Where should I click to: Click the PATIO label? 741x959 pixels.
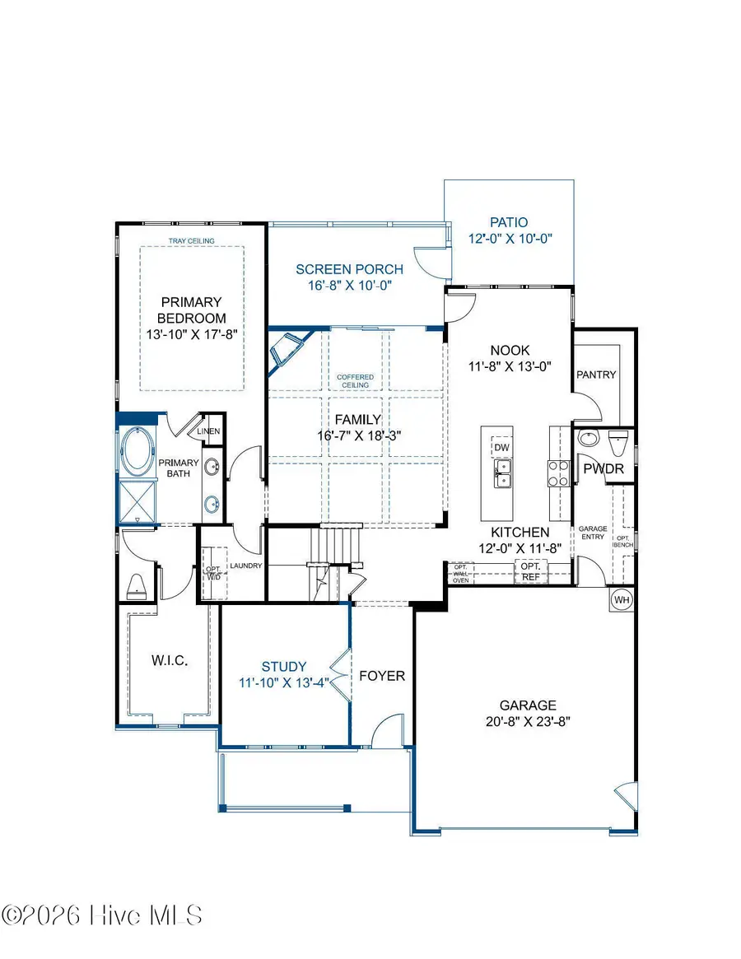(x=509, y=222)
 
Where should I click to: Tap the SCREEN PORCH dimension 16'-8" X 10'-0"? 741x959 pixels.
(x=349, y=285)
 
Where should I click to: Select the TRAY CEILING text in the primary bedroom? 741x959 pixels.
(x=192, y=240)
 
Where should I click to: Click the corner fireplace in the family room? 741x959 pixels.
(x=287, y=350)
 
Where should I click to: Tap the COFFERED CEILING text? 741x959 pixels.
(x=356, y=381)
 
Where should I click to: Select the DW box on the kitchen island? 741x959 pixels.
(x=501, y=448)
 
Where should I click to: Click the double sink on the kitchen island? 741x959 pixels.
(x=501, y=473)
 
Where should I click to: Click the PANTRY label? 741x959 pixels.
(x=596, y=375)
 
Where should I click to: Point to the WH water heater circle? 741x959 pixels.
(x=621, y=600)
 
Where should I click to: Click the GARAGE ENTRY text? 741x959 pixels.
(x=592, y=533)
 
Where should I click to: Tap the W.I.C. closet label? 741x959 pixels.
(x=171, y=660)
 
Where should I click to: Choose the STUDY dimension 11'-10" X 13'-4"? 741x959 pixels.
(x=284, y=682)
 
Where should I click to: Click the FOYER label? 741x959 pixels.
(x=382, y=676)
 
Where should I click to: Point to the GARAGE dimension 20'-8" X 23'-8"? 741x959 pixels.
(x=528, y=720)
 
